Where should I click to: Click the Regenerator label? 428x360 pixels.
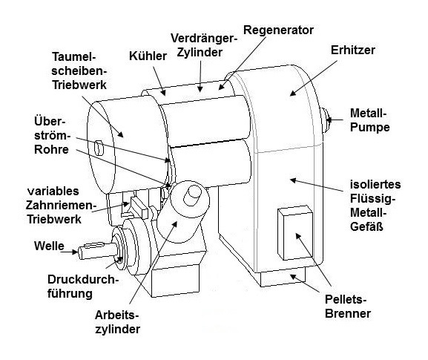click(278, 30)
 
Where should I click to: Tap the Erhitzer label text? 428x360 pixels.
click(352, 50)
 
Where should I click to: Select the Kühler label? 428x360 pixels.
click(148, 56)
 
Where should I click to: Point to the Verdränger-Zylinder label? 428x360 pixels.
click(204, 45)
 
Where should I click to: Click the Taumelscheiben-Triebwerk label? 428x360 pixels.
click(79, 71)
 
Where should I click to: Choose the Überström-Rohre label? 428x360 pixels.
click(52, 136)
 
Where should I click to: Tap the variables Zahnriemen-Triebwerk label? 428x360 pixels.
click(59, 205)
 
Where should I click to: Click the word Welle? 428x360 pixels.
click(49, 246)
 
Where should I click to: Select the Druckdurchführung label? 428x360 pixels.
click(82, 287)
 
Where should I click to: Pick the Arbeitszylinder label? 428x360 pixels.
click(117, 322)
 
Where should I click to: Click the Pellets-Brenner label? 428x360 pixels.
click(347, 307)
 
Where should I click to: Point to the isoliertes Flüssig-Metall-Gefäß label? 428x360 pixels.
click(375, 206)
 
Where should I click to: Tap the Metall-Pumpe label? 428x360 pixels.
click(369, 120)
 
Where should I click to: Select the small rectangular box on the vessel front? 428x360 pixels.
click(295, 233)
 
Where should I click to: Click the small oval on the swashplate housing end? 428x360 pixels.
click(99, 148)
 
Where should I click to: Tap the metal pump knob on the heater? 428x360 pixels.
click(326, 120)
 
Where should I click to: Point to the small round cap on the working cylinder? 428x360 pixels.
click(192, 195)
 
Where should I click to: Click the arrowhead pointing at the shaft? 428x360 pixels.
click(75, 252)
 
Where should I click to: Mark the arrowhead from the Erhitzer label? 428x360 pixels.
click(292, 93)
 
